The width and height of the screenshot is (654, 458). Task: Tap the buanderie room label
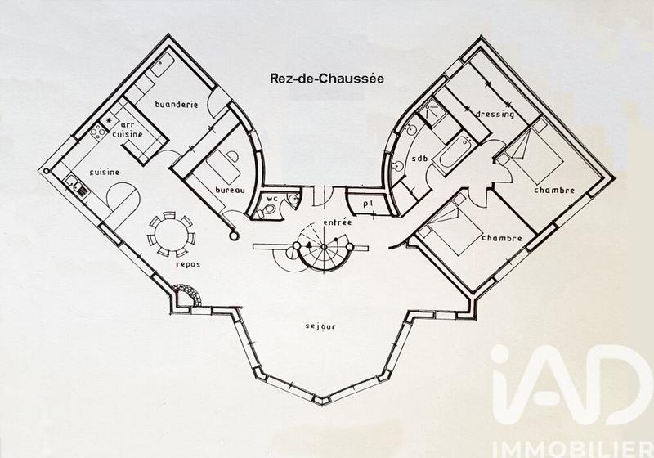177,105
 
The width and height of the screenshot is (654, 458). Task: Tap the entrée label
337,222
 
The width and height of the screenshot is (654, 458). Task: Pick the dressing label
495,114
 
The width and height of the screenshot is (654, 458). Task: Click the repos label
187,266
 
